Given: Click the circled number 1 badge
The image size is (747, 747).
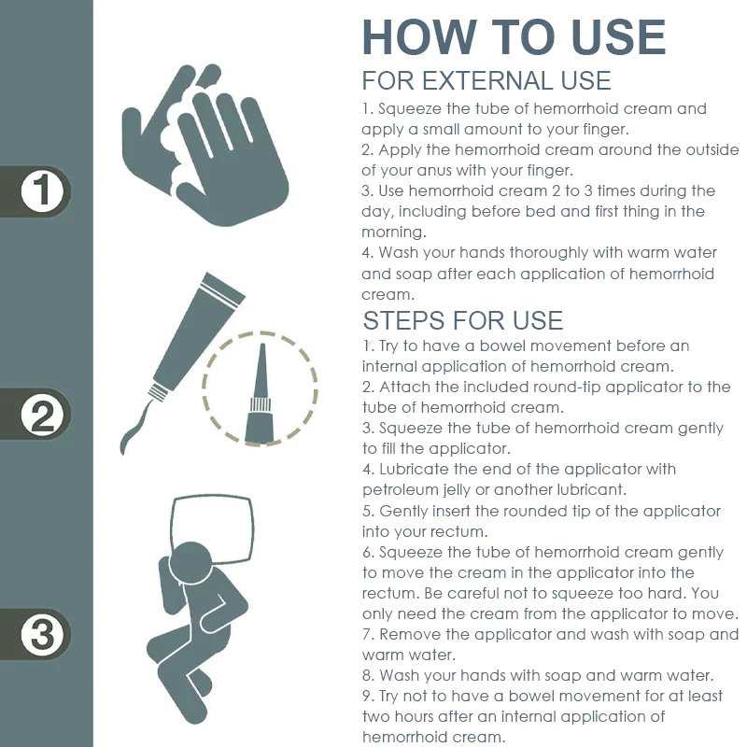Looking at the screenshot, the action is [42, 191].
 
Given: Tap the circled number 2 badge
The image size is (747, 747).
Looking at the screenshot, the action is [42, 415].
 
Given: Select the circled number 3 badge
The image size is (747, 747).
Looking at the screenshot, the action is [42, 635].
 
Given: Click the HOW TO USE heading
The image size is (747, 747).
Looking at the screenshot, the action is [514, 37].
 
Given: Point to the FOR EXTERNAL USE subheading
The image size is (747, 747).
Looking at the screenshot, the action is [486, 80].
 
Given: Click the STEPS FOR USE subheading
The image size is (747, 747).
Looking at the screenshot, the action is [462, 320].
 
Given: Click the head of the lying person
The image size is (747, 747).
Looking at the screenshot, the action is [190, 563].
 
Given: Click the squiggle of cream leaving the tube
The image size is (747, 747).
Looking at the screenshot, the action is [135, 427].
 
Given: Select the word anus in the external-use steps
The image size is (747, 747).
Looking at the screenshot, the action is [433, 171].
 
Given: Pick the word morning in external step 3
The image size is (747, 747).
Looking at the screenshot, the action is [392, 233].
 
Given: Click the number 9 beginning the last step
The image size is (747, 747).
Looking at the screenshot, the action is [366, 696].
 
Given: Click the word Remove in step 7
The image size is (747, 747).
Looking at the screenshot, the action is [410, 635].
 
